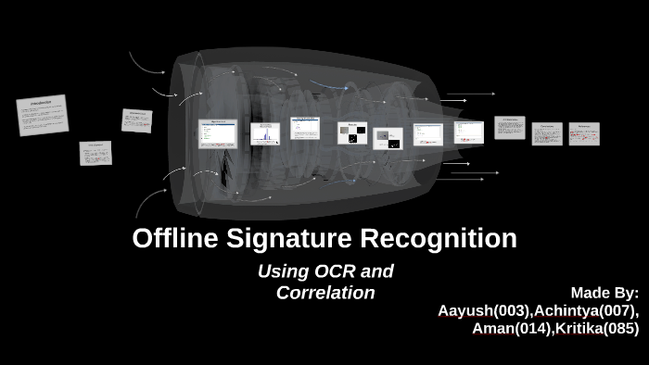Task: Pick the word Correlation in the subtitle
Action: tap(325, 293)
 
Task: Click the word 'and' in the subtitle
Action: tap(378, 271)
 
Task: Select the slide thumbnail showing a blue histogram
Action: tap(265, 134)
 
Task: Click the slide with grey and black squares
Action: tap(351, 133)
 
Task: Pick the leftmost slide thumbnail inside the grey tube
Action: tap(219, 133)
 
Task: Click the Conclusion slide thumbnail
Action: tap(546, 133)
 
